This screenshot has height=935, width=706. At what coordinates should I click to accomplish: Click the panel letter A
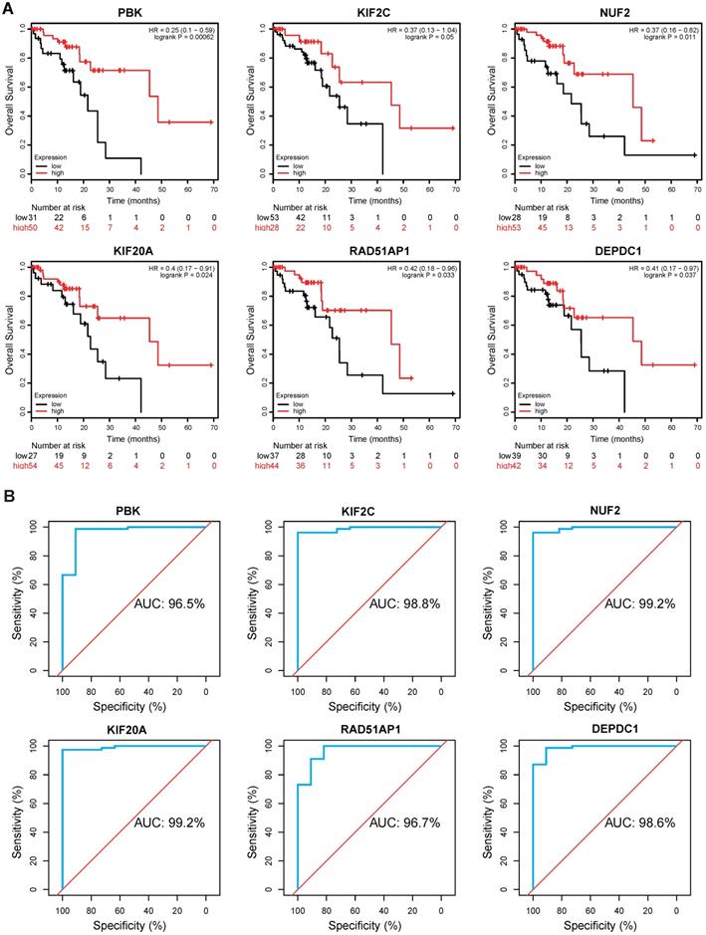click(9, 9)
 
